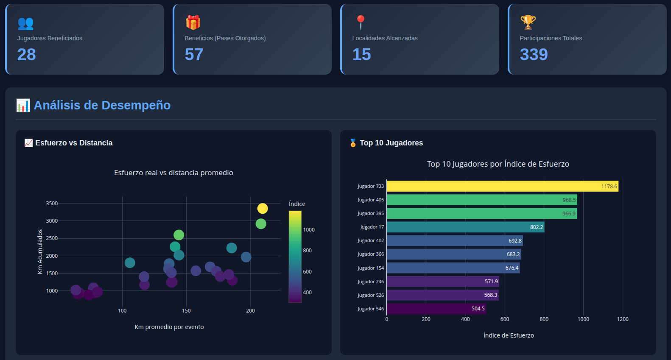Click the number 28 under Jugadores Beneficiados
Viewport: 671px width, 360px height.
pos(26,55)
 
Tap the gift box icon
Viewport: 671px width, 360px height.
pos(193,22)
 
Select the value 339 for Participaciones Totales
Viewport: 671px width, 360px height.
pos(534,55)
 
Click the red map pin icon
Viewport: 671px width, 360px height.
pos(361,22)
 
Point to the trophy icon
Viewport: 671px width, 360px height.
pos(528,22)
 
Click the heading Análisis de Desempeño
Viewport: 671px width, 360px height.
pos(102,105)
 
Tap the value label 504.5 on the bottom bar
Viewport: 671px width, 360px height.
pos(478,309)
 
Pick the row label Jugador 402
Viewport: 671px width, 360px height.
pos(370,240)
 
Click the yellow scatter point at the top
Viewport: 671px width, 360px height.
pos(263,209)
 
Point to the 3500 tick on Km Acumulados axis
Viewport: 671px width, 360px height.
pos(52,204)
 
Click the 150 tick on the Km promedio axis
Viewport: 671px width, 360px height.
pos(186,311)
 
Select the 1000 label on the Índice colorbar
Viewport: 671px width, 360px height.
pos(309,230)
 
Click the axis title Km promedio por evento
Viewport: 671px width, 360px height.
pos(169,327)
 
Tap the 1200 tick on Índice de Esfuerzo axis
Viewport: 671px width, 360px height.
pos(622,319)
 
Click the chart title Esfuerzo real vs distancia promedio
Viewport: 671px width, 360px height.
pos(173,173)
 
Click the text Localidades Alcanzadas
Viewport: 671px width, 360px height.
pos(385,38)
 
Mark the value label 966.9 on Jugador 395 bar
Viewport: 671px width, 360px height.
pos(568,214)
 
